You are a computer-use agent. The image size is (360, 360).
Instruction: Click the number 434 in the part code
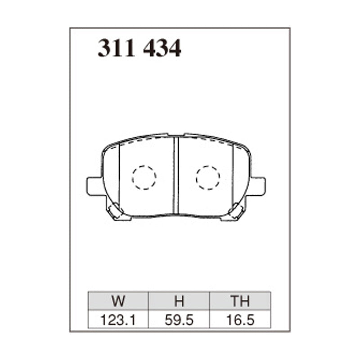[162, 49]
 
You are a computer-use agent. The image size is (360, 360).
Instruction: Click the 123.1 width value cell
[118, 320]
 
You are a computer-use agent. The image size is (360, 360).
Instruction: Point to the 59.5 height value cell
[179, 320]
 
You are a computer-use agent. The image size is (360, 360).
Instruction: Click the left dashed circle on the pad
[144, 177]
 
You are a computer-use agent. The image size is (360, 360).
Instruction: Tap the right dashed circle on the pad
[208, 177]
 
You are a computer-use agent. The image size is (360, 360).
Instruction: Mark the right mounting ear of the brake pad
[257, 186]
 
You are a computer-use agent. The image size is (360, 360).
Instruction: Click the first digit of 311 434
[104, 49]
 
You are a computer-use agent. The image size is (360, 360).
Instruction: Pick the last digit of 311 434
[175, 49]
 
